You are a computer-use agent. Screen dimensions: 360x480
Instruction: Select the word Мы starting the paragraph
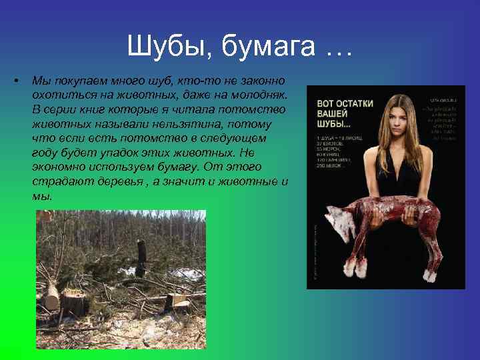pyautogui.click(x=40, y=81)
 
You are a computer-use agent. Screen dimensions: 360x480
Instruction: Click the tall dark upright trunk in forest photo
pyautogui.click(x=141, y=257)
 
